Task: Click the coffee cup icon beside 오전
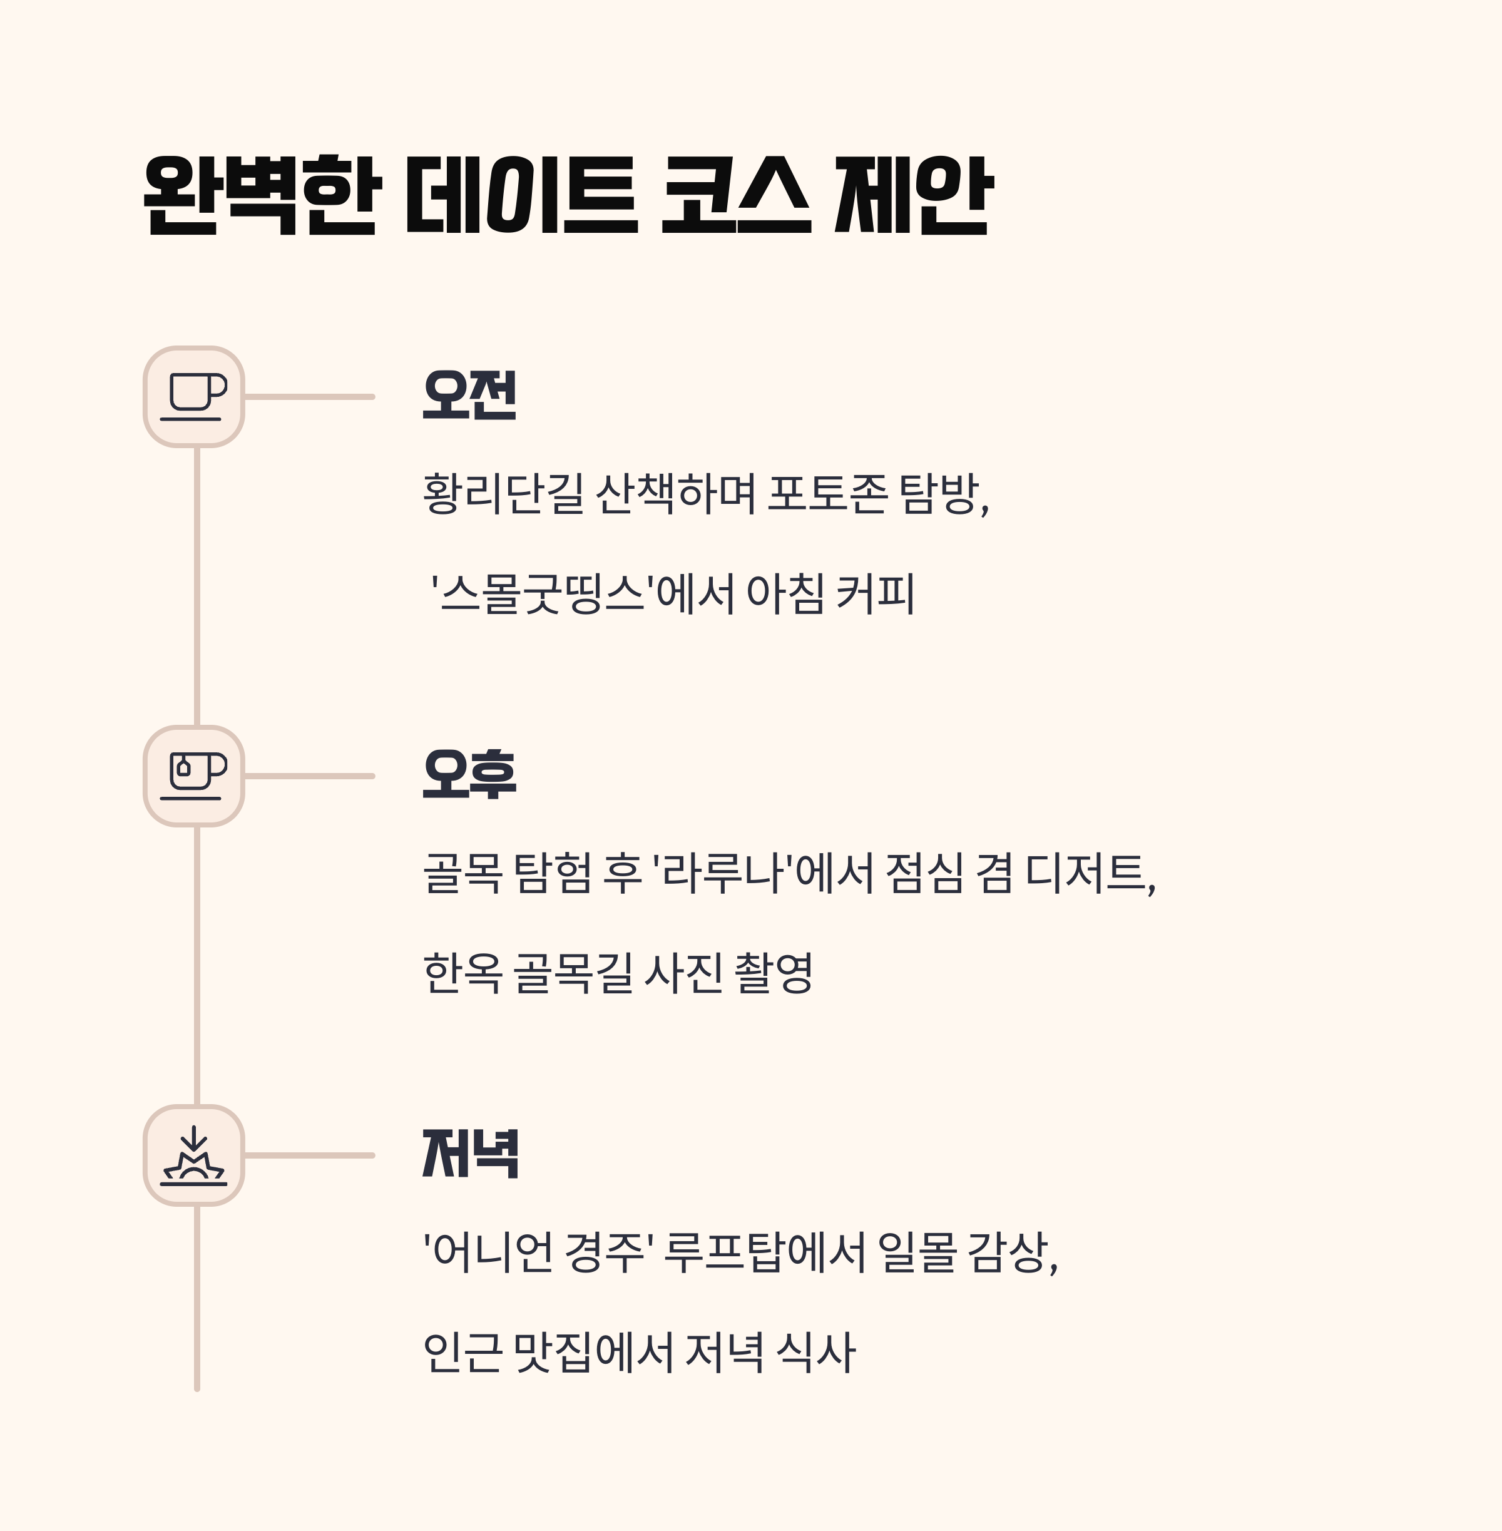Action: click(x=194, y=397)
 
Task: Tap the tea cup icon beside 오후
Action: click(x=194, y=776)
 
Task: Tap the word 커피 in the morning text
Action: click(x=875, y=594)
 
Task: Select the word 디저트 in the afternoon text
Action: click(x=1085, y=873)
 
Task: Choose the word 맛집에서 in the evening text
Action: click(x=591, y=1352)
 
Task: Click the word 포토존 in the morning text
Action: click(x=827, y=494)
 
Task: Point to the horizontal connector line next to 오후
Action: click(x=309, y=776)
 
